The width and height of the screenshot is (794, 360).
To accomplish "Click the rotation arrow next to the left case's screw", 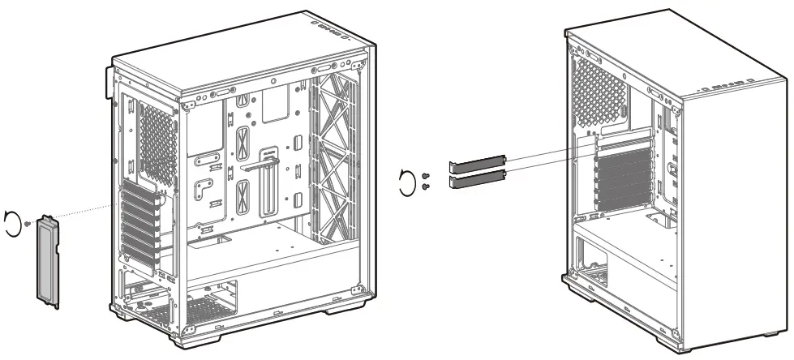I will [x=11, y=221].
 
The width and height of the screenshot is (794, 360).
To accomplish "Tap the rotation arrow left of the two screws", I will [x=408, y=182].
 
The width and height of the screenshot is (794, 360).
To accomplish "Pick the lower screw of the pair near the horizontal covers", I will [x=427, y=186].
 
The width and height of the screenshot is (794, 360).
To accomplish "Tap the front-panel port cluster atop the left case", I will [x=333, y=31].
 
